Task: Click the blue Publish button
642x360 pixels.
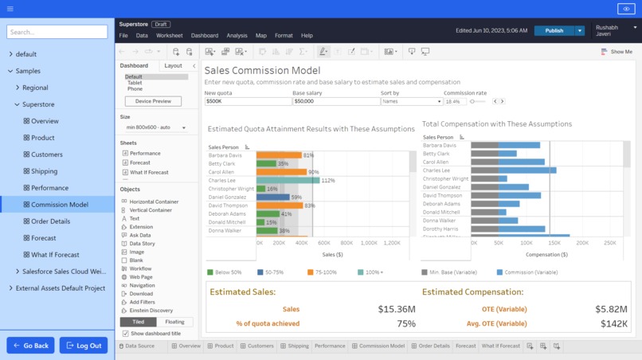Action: (x=554, y=30)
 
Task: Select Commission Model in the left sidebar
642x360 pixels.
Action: (x=60, y=205)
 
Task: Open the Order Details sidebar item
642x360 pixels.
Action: (x=50, y=221)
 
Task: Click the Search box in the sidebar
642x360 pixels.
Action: (x=57, y=32)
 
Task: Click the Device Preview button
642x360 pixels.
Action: (x=153, y=101)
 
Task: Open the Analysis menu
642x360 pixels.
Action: (x=237, y=36)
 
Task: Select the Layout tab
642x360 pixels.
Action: (x=173, y=66)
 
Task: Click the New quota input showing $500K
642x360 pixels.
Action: (x=247, y=102)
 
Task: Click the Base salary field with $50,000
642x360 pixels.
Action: (x=335, y=102)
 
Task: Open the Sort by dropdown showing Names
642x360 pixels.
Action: (x=411, y=102)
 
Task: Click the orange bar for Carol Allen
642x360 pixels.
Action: (x=281, y=172)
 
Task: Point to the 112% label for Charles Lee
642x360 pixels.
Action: (x=328, y=181)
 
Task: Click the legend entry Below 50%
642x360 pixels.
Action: (x=226, y=272)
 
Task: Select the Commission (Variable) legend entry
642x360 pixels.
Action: (x=526, y=272)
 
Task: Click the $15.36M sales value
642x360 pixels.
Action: (x=397, y=309)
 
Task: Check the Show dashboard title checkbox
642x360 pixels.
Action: (x=125, y=333)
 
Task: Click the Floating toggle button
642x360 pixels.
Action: (x=174, y=322)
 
